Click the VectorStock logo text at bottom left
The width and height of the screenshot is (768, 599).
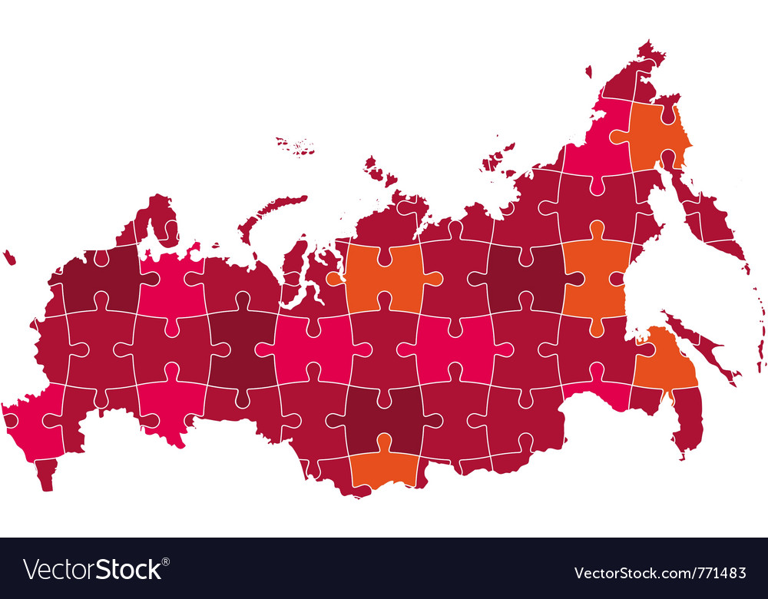point(92,569)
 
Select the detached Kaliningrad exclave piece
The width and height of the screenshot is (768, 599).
point(8,257)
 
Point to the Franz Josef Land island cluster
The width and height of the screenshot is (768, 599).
point(296,145)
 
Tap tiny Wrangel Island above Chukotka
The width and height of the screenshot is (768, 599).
point(588,71)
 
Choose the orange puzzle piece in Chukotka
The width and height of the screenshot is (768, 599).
point(657,134)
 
